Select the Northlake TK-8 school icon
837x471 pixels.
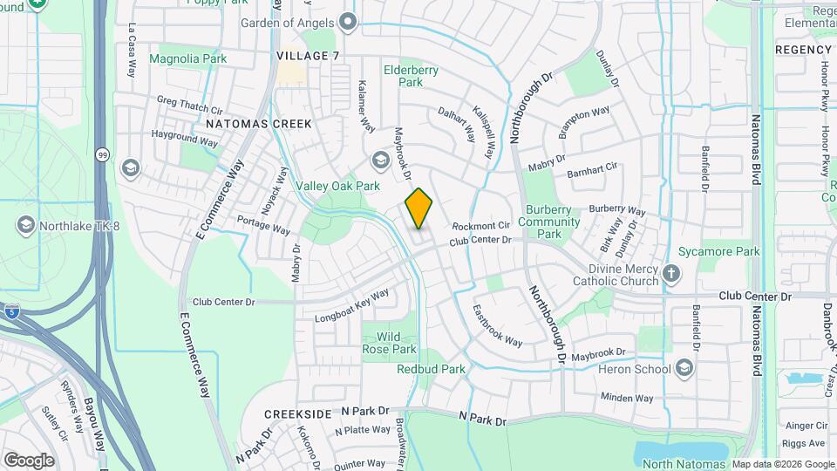(25, 226)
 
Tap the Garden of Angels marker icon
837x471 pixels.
(349, 22)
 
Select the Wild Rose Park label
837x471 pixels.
(390, 343)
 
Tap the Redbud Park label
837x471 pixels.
(432, 369)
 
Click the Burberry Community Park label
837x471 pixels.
(549, 222)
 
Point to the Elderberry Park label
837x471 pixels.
(411, 76)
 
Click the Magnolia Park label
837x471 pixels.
(187, 59)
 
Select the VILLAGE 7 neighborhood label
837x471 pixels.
(308, 56)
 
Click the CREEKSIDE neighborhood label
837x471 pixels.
(299, 413)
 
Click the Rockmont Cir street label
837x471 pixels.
(480, 226)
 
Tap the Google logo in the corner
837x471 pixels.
(29, 460)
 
